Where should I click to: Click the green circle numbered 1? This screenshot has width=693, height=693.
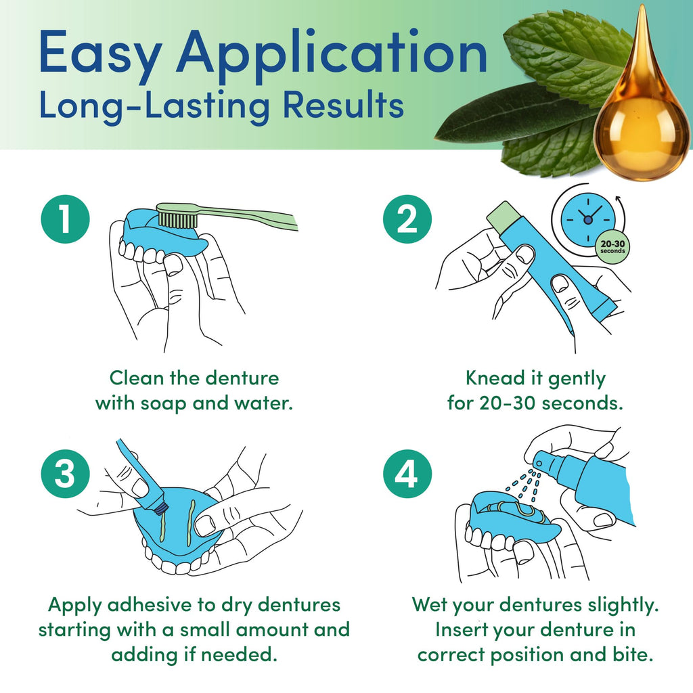click(x=66, y=219)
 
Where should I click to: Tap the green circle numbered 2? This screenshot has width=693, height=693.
click(x=407, y=219)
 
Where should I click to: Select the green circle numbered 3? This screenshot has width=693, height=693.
click(x=66, y=474)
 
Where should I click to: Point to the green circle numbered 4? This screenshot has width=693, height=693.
click(x=407, y=474)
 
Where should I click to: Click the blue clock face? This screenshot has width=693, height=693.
click(x=588, y=219)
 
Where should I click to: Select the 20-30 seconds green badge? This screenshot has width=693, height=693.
click(x=612, y=247)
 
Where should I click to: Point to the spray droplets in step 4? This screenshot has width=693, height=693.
click(x=524, y=485)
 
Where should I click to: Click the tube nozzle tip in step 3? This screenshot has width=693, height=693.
click(x=160, y=509)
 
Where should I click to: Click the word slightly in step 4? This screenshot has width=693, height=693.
click(x=623, y=604)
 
